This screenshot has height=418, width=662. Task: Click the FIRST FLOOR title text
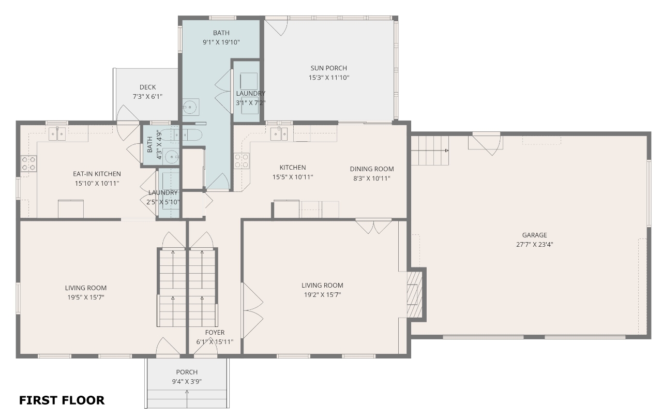click(62, 400)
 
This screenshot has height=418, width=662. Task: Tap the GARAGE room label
click(534, 235)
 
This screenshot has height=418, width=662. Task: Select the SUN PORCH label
click(328, 68)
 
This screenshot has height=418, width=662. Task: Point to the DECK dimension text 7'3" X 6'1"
click(147, 96)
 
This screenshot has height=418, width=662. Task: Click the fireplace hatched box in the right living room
click(415, 294)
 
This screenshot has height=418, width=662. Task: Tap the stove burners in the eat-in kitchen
click(28, 163)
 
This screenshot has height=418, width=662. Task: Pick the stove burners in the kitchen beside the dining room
click(242, 161)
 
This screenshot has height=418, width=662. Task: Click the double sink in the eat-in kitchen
click(57, 134)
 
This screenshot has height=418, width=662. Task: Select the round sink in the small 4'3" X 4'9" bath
click(171, 156)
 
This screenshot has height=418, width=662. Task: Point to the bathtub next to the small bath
click(182, 136)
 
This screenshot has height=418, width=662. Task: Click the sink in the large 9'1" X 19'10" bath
click(190, 107)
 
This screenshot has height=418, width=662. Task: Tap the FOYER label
click(215, 332)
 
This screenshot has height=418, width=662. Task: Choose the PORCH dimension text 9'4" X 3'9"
click(187, 381)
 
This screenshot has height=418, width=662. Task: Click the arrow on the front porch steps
click(187, 399)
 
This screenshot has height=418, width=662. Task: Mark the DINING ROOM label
click(372, 169)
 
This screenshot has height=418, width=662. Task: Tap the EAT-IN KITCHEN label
click(97, 174)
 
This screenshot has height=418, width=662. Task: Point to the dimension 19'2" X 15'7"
click(322, 295)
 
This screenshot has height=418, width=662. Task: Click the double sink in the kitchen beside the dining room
click(279, 134)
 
